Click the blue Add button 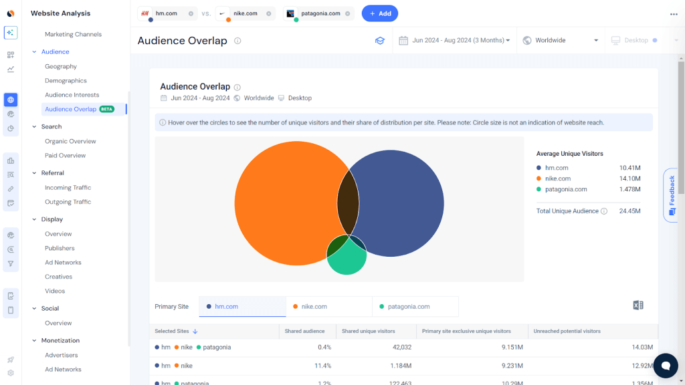pos(380,13)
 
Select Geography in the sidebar pos(61,66)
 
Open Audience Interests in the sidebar pos(72,95)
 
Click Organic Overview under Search pos(70,141)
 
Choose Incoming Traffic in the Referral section pos(68,188)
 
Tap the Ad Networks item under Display pos(63,263)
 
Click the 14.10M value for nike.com pos(629,178)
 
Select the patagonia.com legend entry pos(565,189)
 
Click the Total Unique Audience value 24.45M pos(629,211)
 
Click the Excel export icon pos(638,305)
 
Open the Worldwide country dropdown pos(561,41)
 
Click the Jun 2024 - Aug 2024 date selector pos(455,41)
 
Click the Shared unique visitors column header pos(368,331)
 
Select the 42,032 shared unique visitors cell pos(397,347)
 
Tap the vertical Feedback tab pos(672,195)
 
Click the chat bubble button pos(665,365)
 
